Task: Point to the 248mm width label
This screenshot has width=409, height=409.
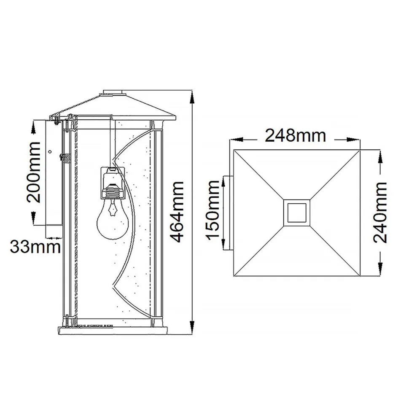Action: pyautogui.click(x=295, y=136)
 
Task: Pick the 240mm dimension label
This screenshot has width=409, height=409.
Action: pyautogui.click(x=380, y=212)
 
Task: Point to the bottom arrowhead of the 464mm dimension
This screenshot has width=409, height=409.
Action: pyautogui.click(x=192, y=328)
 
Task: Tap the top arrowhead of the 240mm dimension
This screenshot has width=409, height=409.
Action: pyautogui.click(x=380, y=154)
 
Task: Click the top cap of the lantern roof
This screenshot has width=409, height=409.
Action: pyautogui.click(x=114, y=91)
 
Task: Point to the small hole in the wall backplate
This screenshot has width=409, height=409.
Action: pyautogui.click(x=50, y=152)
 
